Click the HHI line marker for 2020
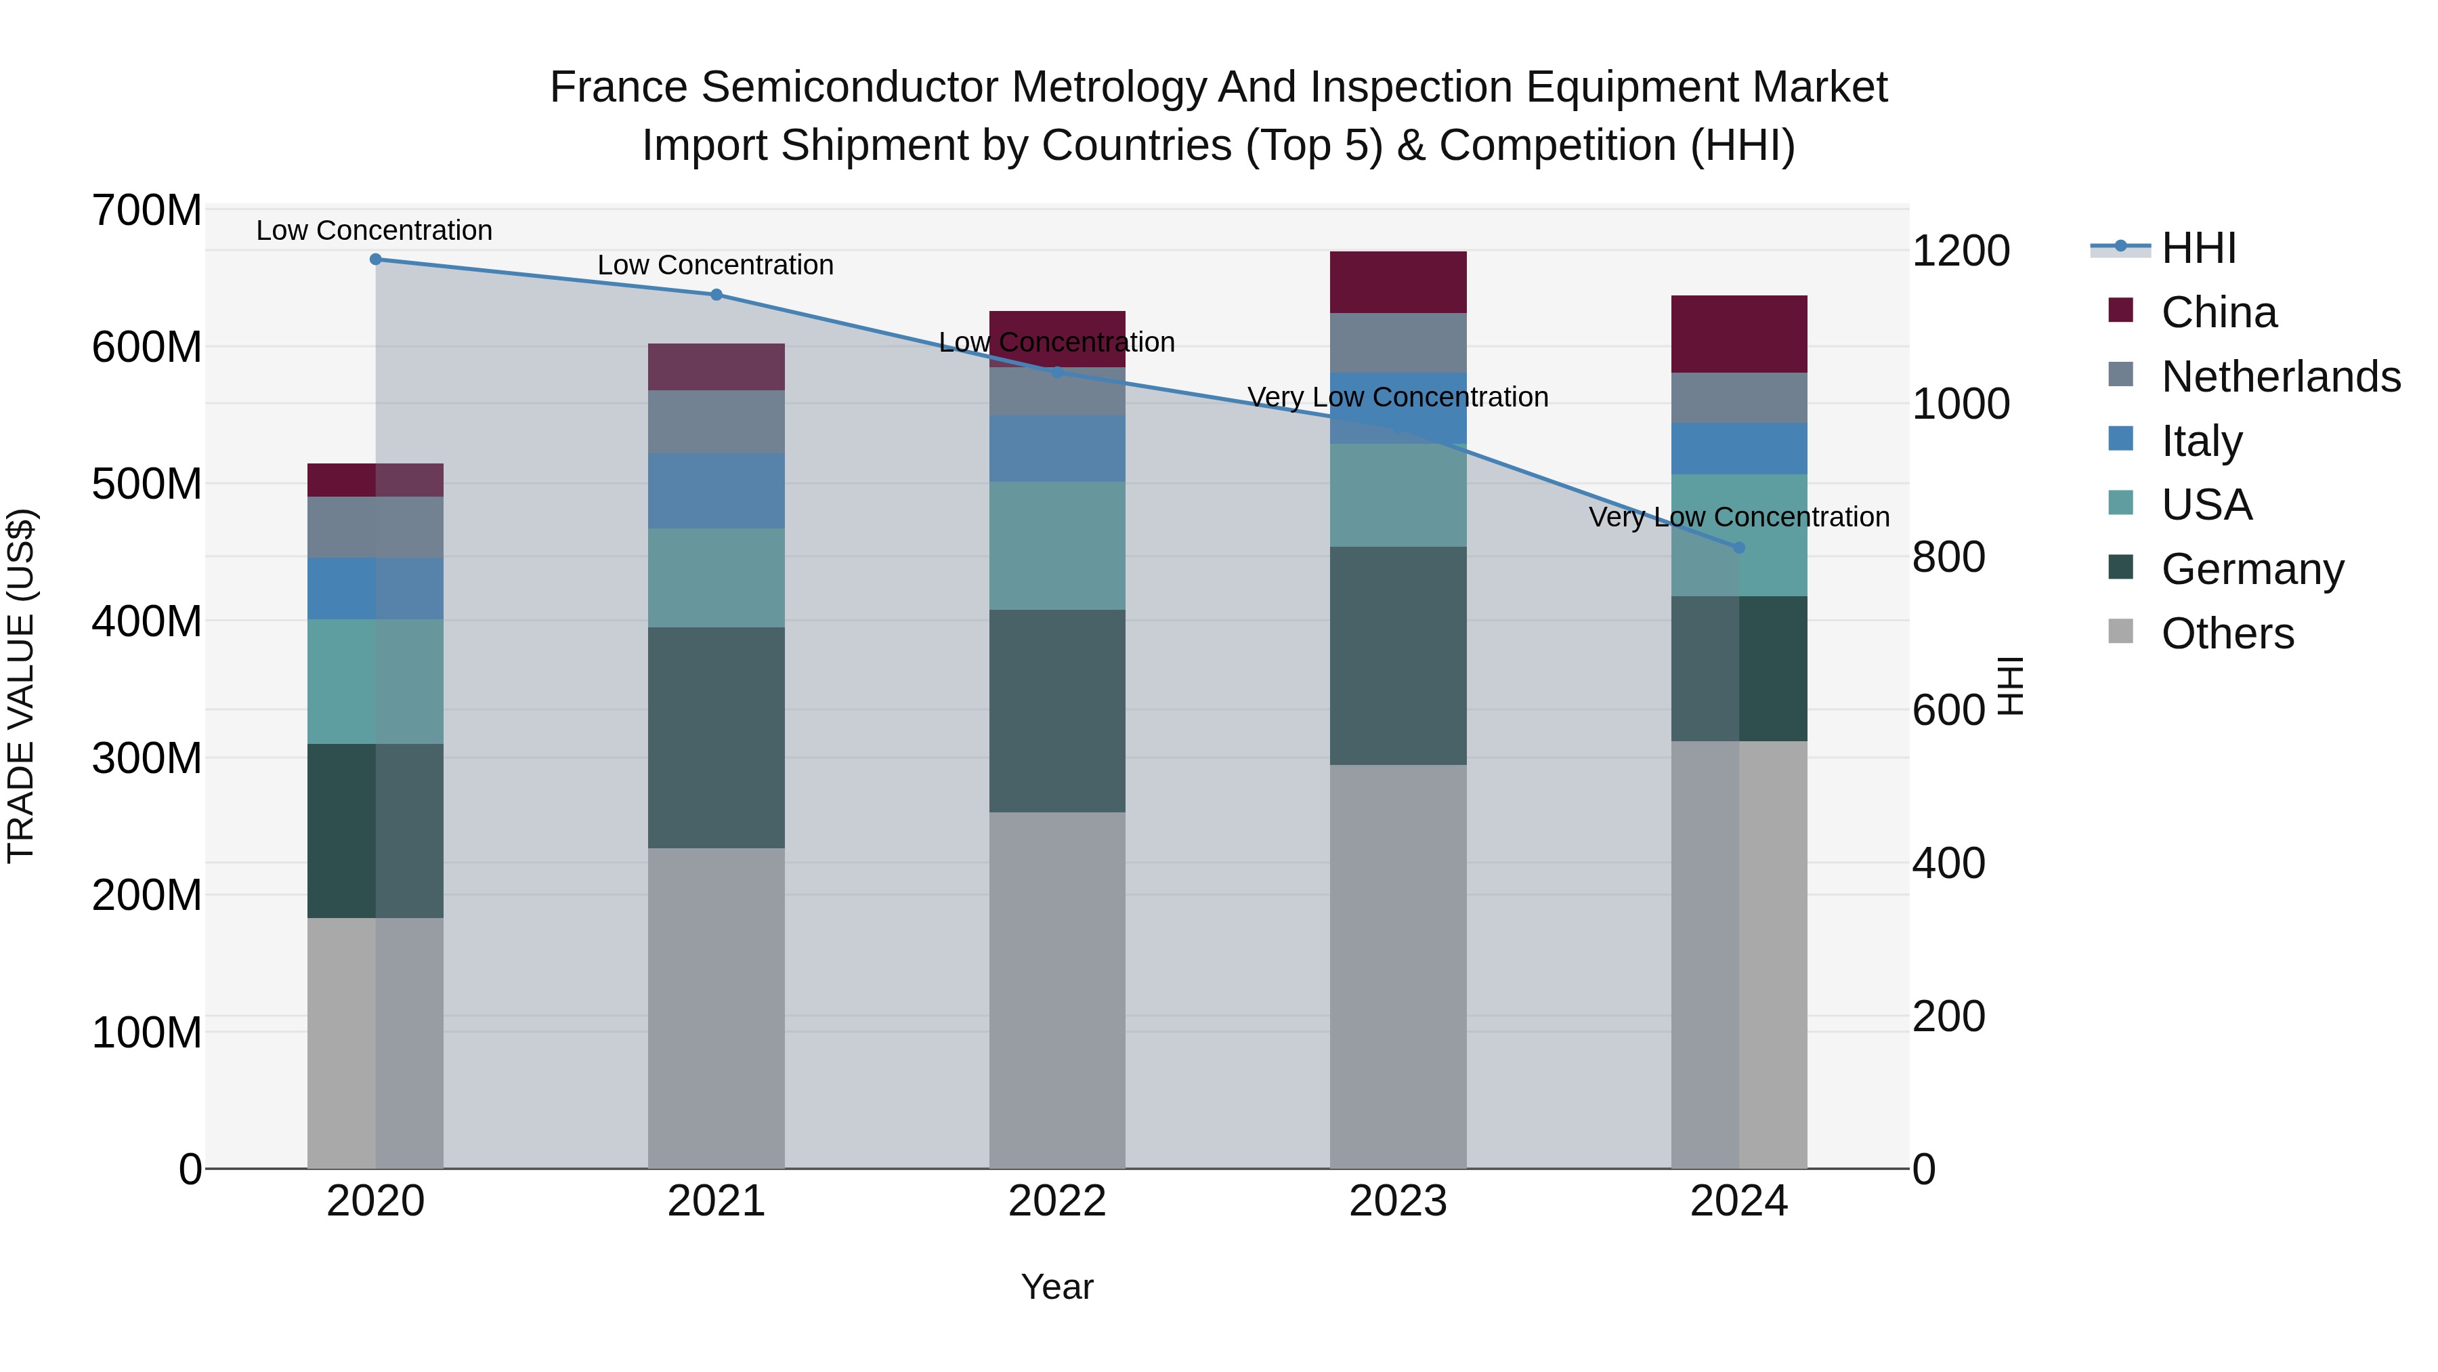pyautogui.click(x=376, y=259)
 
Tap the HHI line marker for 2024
pyautogui.click(x=1738, y=547)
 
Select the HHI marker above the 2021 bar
pyautogui.click(x=717, y=295)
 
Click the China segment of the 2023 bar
pyautogui.click(x=1398, y=282)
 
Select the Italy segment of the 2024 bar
pyautogui.click(x=1738, y=448)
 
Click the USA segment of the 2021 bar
pyautogui.click(x=717, y=577)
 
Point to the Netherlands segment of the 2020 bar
pyautogui.click(x=376, y=526)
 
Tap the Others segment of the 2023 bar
pyautogui.click(x=1398, y=965)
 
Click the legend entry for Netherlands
pyautogui.click(x=2280, y=376)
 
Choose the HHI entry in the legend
pyautogui.click(x=2198, y=248)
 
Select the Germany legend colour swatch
pyautogui.click(x=2121, y=568)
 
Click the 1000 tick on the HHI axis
pyautogui.click(x=1960, y=404)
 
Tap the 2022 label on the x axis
pyautogui.click(x=1057, y=1201)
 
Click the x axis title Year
pyautogui.click(x=1057, y=1287)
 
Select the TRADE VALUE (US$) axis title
pyautogui.click(x=21, y=686)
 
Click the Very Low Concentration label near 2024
pyautogui.click(x=1738, y=517)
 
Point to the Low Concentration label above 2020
pyautogui.click(x=375, y=230)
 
